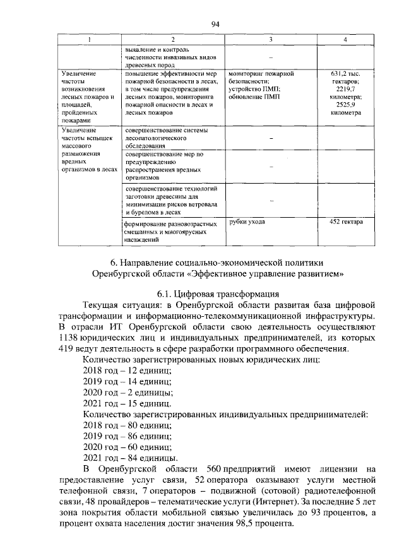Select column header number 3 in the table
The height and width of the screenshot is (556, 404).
(x=271, y=40)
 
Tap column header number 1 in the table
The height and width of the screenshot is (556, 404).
(x=89, y=40)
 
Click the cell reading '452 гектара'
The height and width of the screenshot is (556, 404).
(x=345, y=222)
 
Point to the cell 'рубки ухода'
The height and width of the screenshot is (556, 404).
(x=247, y=222)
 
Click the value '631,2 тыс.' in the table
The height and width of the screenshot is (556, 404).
(x=345, y=74)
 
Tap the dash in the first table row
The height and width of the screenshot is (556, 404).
(x=271, y=55)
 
